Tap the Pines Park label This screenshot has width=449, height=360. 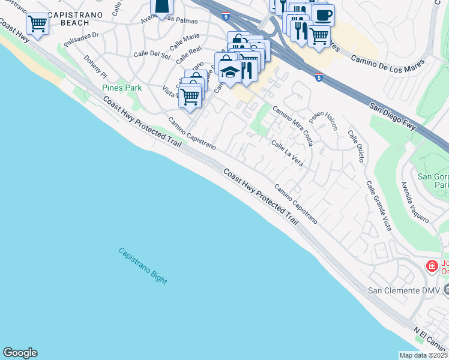(122, 88)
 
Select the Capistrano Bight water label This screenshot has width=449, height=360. (142, 266)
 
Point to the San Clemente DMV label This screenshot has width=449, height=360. (404, 290)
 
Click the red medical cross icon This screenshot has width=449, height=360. (431, 266)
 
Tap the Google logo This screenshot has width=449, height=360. (20, 353)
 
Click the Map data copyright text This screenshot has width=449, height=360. (423, 355)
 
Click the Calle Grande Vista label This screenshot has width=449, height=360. (378, 206)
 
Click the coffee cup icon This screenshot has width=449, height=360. (323, 14)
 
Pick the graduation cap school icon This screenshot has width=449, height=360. (230, 71)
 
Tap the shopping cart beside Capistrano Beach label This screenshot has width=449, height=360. (37, 24)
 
